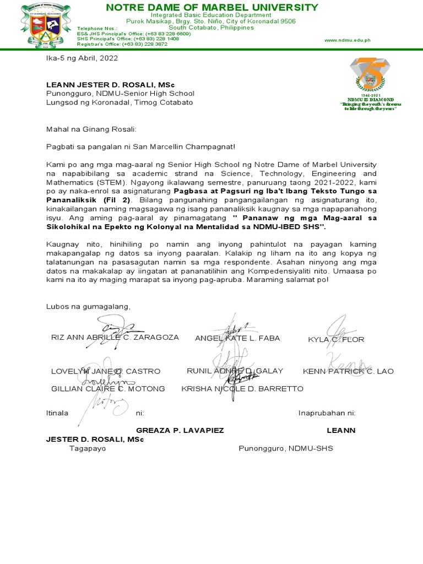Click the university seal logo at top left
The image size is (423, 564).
tap(46, 24)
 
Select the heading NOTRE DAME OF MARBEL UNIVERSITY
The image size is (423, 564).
tap(211, 7)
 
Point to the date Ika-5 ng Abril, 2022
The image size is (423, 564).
tap(82, 57)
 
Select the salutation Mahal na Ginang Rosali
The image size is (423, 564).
tap(91, 129)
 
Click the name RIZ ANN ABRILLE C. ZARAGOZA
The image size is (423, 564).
tap(115, 338)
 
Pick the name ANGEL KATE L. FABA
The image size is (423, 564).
tap(237, 338)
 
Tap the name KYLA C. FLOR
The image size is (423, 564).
tap(336, 339)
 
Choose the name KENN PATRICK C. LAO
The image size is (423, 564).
tap(348, 371)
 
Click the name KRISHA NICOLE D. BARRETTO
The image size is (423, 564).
tap(242, 388)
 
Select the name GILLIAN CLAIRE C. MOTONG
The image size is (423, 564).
tap(108, 388)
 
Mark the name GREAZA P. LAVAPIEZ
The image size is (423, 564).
tap(180, 430)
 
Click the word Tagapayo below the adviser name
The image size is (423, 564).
tap(88, 448)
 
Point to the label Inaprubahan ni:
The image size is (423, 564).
tap(327, 413)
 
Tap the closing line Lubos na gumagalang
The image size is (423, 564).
tap(89, 306)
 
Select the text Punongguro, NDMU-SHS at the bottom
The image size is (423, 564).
tap(285, 448)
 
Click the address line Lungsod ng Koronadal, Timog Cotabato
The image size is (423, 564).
tap(120, 102)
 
